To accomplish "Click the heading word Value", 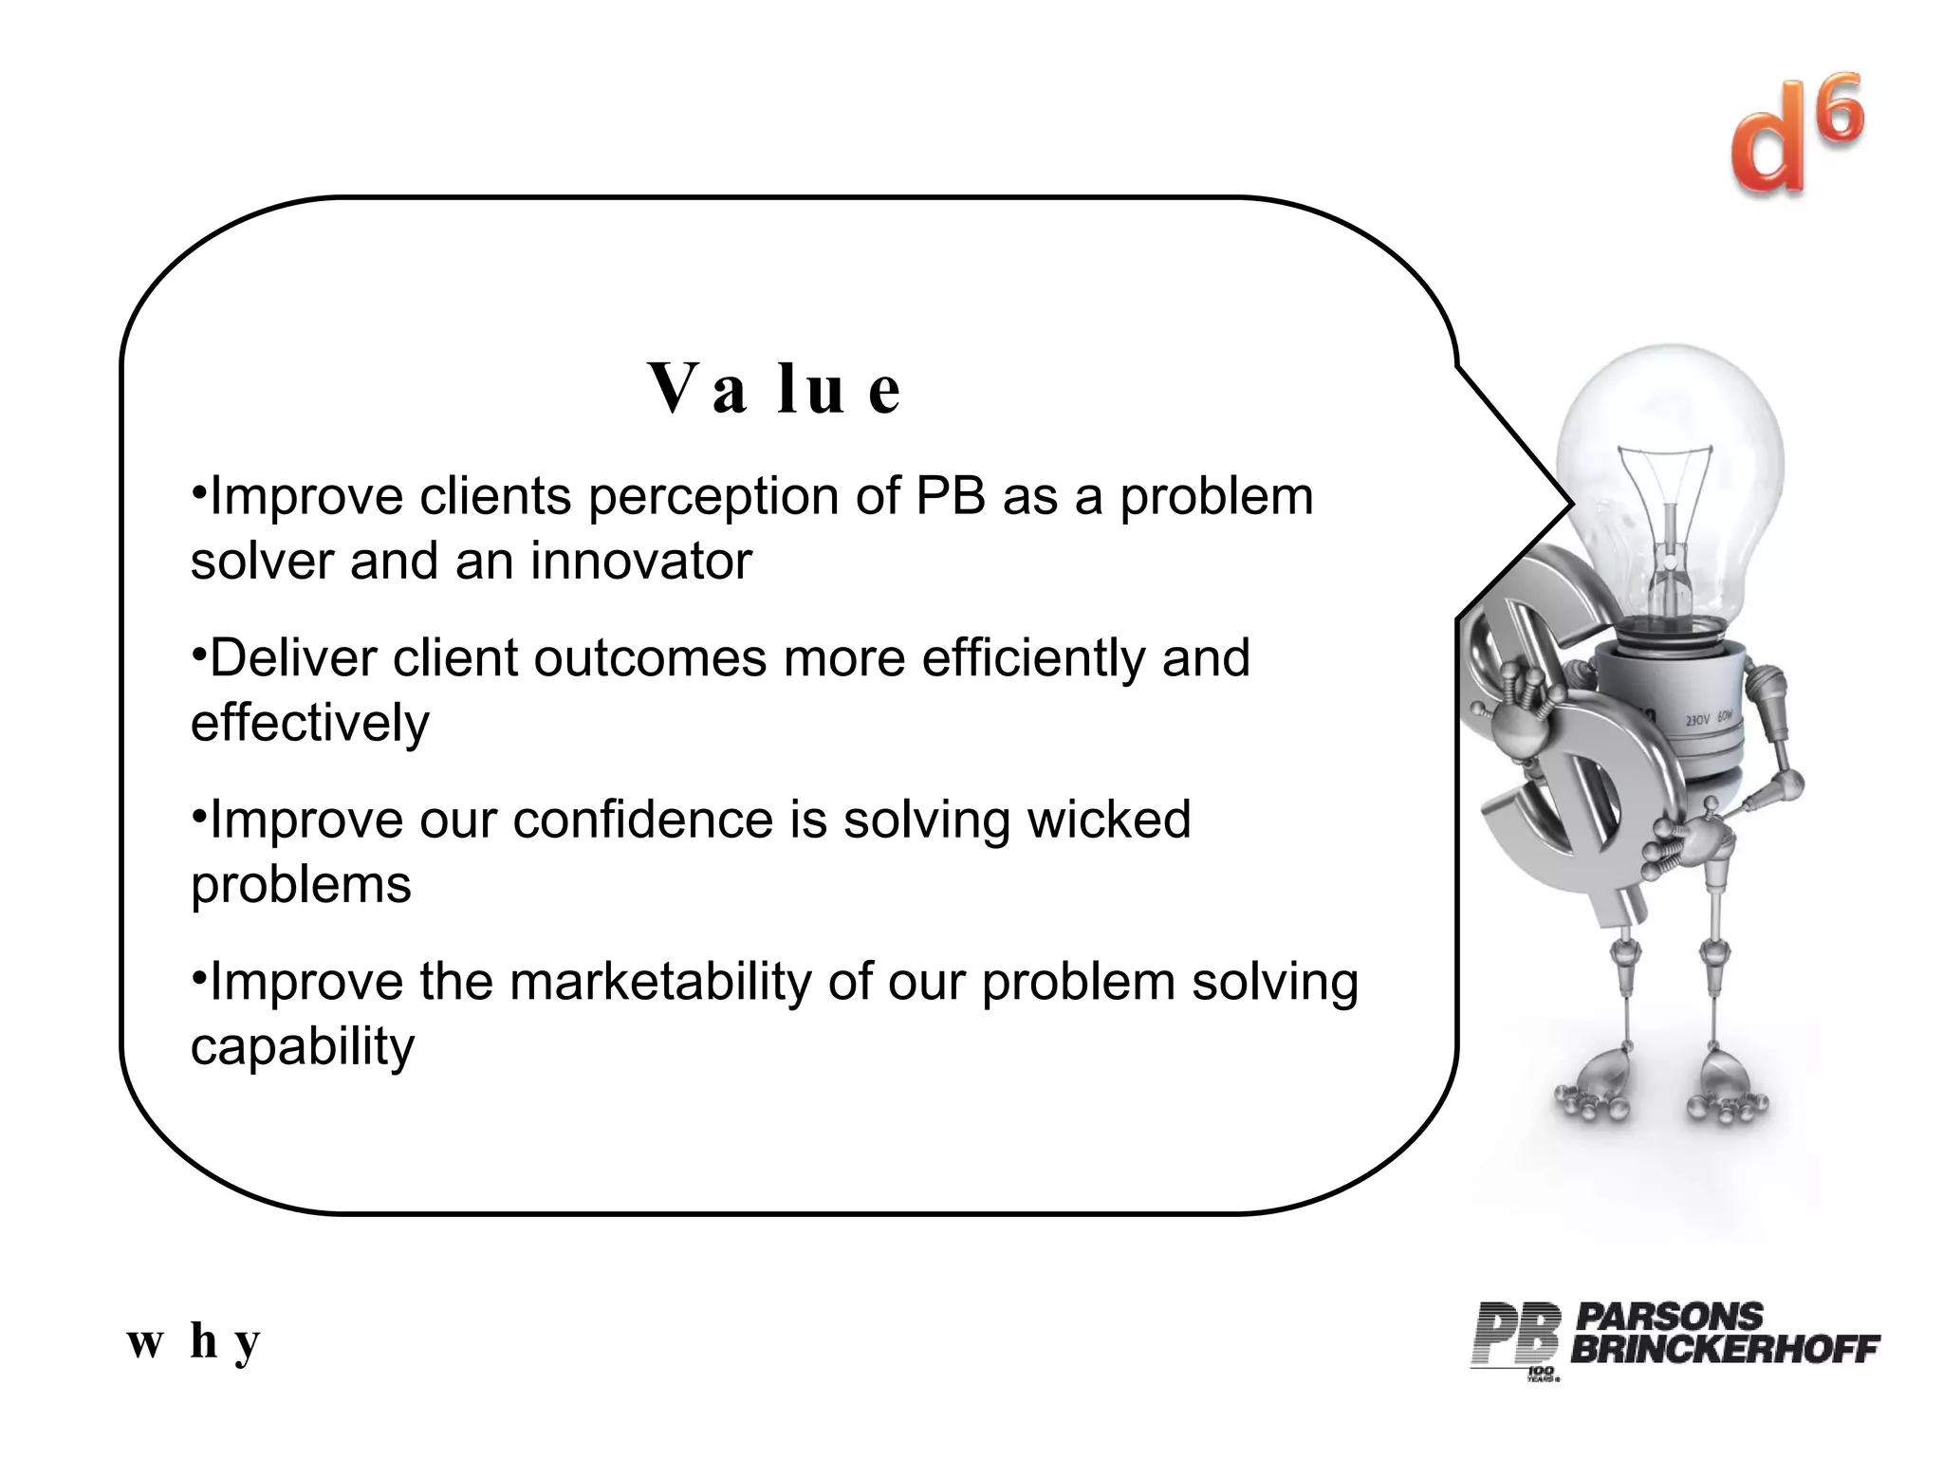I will [x=773, y=389].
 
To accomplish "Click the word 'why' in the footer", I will [x=194, y=1341].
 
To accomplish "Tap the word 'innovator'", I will [x=640, y=561].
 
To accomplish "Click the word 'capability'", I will [x=303, y=1046].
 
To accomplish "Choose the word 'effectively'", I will [x=309, y=723].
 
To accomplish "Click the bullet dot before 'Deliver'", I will [x=198, y=654].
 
